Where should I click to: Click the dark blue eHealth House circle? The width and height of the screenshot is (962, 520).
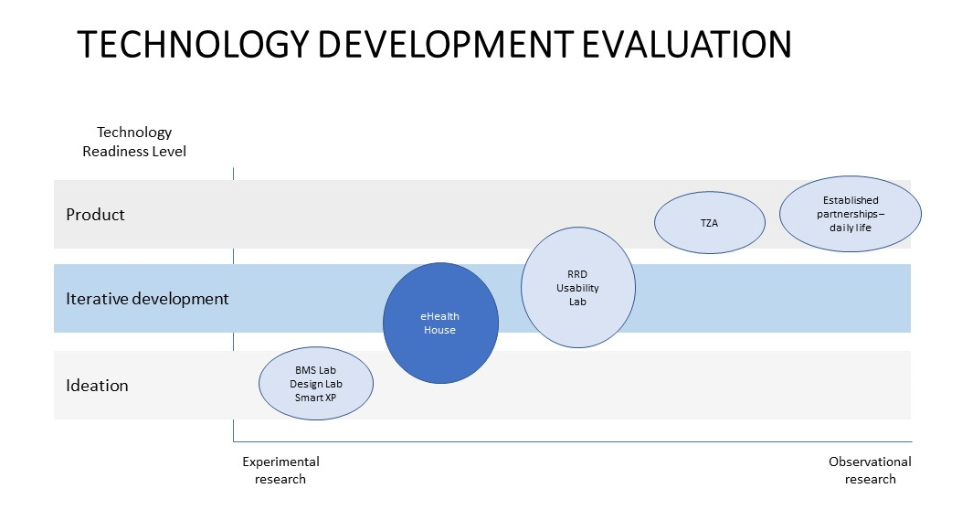(440, 323)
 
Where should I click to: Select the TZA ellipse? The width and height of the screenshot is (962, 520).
(710, 222)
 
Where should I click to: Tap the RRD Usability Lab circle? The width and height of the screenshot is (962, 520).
(578, 287)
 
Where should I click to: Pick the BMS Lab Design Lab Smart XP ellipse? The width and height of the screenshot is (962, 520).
(316, 384)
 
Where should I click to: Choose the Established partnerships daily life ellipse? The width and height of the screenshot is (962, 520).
(851, 214)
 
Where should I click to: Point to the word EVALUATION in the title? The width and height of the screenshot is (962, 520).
(686, 44)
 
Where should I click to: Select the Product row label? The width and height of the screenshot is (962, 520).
(95, 214)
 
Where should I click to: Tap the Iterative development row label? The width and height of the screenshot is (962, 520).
(147, 298)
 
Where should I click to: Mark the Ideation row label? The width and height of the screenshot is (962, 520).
(97, 385)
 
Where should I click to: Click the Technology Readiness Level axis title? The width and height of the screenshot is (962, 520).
(134, 142)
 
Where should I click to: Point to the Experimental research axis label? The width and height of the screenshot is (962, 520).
(281, 471)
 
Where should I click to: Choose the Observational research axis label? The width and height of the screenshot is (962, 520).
(870, 471)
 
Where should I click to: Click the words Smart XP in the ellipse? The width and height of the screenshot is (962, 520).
(315, 398)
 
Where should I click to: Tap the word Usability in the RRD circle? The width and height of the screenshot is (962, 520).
(577, 288)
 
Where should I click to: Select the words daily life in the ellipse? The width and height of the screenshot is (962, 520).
(851, 228)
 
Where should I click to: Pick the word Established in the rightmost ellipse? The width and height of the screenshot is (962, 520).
(851, 200)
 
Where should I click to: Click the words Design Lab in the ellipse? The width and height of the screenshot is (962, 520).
(316, 384)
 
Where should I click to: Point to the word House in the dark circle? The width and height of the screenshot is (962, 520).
(440, 330)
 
